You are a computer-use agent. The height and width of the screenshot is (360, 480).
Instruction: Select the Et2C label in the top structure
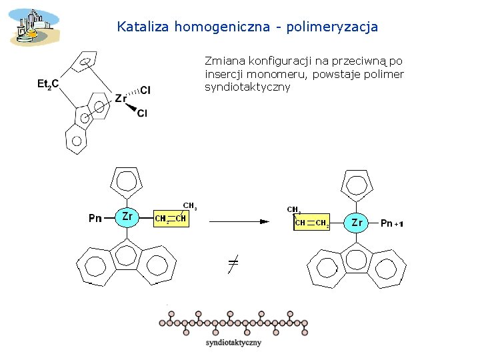coord(48,84)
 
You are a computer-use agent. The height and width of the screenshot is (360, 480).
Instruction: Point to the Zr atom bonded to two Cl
coord(121,99)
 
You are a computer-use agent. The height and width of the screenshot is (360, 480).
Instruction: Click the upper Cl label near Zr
coord(146,90)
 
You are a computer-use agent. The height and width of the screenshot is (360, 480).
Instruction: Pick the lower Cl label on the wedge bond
coord(142,114)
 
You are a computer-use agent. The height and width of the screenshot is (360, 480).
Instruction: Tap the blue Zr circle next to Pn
coord(127,216)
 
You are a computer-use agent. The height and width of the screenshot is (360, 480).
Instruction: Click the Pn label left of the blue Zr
coord(95,218)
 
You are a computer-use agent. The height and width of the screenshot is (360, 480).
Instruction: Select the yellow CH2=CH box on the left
coord(171,219)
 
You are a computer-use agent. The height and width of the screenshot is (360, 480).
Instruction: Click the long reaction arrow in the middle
coord(240,221)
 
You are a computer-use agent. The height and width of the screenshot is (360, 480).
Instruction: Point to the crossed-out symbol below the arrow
coord(232,264)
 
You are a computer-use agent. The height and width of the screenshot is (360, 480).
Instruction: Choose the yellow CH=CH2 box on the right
coord(311,223)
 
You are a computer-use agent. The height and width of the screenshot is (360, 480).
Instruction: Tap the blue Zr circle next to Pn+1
coord(357,222)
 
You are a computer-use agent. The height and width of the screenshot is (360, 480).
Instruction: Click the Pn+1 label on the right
coord(391,223)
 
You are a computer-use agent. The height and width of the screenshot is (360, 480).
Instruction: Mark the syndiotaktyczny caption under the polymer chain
coord(233,343)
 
